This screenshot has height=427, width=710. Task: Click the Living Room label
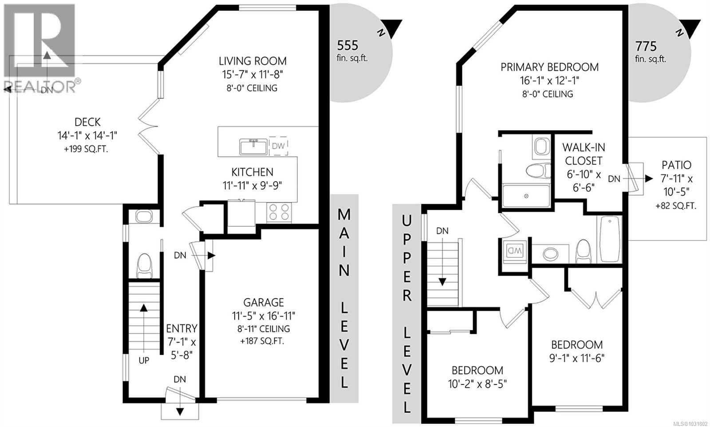[252, 61]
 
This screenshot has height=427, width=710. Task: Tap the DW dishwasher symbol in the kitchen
[278, 146]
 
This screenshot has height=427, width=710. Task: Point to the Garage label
[264, 303]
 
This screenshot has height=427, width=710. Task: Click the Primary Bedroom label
[549, 67]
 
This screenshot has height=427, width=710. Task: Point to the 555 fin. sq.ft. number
[347, 45]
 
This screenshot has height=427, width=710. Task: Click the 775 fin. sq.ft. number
[646, 46]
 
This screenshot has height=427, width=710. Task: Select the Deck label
[87, 122]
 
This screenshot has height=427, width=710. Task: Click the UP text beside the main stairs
[144, 360]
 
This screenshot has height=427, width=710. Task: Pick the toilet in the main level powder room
[144, 265]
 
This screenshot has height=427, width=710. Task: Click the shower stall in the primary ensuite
[526, 196]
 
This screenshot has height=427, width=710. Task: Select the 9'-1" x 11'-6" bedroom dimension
[577, 358]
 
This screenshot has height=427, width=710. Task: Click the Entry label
[181, 329]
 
